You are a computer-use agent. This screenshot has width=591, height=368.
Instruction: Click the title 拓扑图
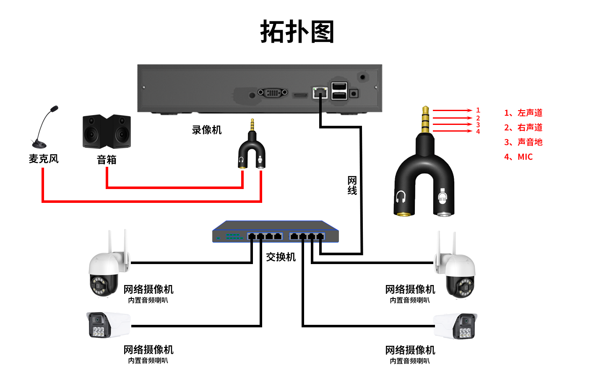coord(297,32)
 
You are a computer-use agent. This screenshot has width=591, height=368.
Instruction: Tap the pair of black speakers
coord(107,132)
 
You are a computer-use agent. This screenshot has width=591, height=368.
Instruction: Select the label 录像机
coord(206,130)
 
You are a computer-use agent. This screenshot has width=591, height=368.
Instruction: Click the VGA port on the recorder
coord(273,92)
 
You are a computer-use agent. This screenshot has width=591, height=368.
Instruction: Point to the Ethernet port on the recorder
coord(320,92)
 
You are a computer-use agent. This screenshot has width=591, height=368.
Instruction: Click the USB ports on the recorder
coord(339,91)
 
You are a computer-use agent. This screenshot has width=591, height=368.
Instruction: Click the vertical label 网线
coord(352,185)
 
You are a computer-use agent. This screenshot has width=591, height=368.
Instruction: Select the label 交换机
coord(281,257)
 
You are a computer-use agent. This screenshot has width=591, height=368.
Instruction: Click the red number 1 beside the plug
coord(478,110)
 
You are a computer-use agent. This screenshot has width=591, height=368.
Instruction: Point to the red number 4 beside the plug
coord(478,132)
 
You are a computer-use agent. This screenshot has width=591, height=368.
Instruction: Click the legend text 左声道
coord(530,113)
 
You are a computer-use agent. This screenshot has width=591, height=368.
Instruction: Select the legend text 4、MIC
coord(518,157)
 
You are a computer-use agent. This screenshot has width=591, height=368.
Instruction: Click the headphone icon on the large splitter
coord(401,197)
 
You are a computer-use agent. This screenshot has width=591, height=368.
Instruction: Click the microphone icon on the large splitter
coord(442,197)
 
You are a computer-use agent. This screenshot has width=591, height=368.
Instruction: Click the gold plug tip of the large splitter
coord(425,119)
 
